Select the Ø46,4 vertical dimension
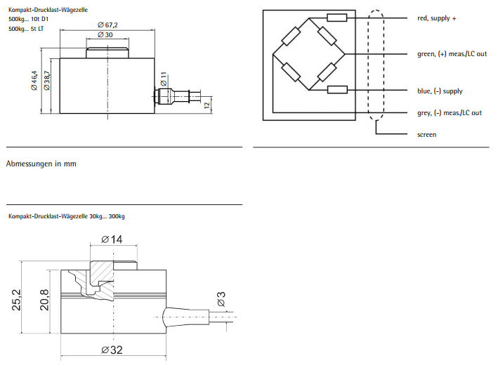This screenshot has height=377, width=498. (x=34, y=82)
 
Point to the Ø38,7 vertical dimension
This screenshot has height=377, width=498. (x=47, y=82)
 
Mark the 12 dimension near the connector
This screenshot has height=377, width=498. (x=207, y=105)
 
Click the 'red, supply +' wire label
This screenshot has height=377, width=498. (x=437, y=18)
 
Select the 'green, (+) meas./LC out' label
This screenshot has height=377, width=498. (x=452, y=54)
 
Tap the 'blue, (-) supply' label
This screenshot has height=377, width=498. (x=440, y=91)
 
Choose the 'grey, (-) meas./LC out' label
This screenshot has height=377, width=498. (x=450, y=113)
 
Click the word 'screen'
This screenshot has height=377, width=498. (x=426, y=134)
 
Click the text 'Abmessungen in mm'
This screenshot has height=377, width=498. (x=41, y=164)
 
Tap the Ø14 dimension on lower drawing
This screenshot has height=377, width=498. (x=112, y=239)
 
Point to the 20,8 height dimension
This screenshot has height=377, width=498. (x=45, y=300)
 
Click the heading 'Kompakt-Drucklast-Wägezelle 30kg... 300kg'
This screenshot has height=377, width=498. (x=67, y=216)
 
